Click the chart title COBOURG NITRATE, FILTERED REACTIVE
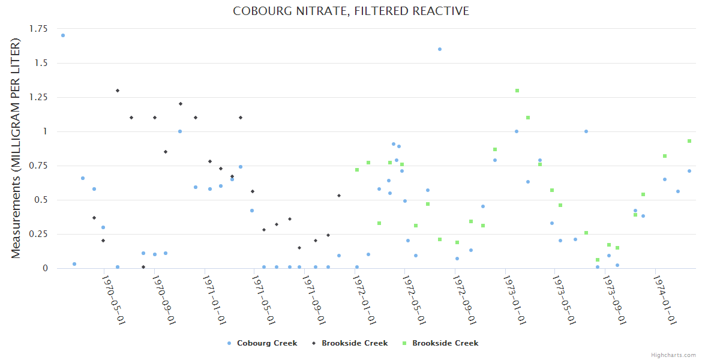[x=351, y=11]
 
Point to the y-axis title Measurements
[x=16, y=148]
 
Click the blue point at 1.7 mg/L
[x=63, y=35]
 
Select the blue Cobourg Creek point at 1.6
[x=440, y=49]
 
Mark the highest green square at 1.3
[x=517, y=91]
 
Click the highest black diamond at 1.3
[x=118, y=91]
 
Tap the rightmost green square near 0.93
[x=689, y=141]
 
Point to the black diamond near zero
[x=143, y=267]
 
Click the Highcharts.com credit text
[x=673, y=355]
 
